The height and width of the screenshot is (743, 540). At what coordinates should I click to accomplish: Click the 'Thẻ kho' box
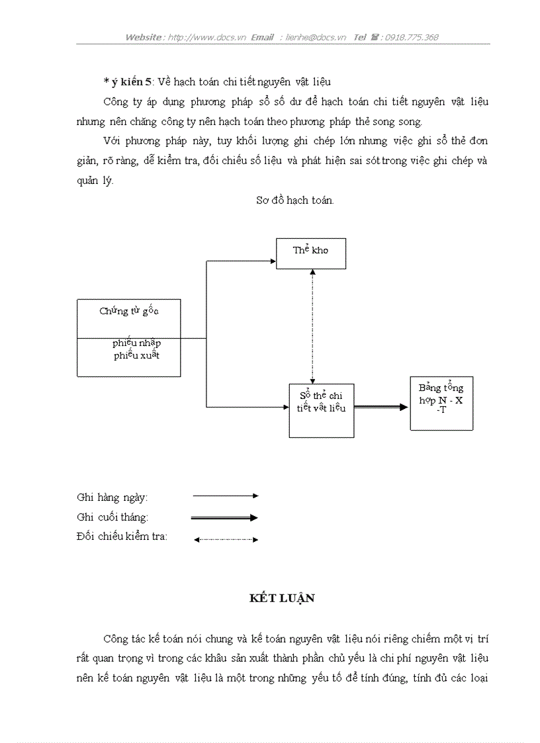(310, 253)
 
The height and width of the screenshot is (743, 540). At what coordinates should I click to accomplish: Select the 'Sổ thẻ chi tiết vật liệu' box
(321, 410)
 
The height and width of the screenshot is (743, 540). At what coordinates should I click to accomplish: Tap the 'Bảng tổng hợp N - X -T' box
(441, 403)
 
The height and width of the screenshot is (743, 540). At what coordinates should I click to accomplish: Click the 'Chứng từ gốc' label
(129, 311)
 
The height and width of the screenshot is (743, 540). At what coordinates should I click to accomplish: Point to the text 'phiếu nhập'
(136, 343)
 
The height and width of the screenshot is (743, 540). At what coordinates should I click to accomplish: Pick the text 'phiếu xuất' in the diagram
(136, 355)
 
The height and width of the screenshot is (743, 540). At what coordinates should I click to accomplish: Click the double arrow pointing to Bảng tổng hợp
(382, 408)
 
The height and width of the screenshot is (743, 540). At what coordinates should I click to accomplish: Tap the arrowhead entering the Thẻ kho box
(272, 261)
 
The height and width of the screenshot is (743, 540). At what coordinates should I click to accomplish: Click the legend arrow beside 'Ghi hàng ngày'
(225, 496)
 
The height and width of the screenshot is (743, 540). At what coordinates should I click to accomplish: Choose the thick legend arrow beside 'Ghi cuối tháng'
(225, 517)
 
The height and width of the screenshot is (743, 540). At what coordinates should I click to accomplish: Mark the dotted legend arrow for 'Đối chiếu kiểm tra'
(225, 540)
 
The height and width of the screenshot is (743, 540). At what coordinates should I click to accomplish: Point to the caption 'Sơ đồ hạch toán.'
(294, 200)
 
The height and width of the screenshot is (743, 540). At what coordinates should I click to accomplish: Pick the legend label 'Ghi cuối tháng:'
(112, 517)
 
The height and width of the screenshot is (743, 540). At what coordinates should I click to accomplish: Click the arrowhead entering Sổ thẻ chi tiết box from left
(285, 407)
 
